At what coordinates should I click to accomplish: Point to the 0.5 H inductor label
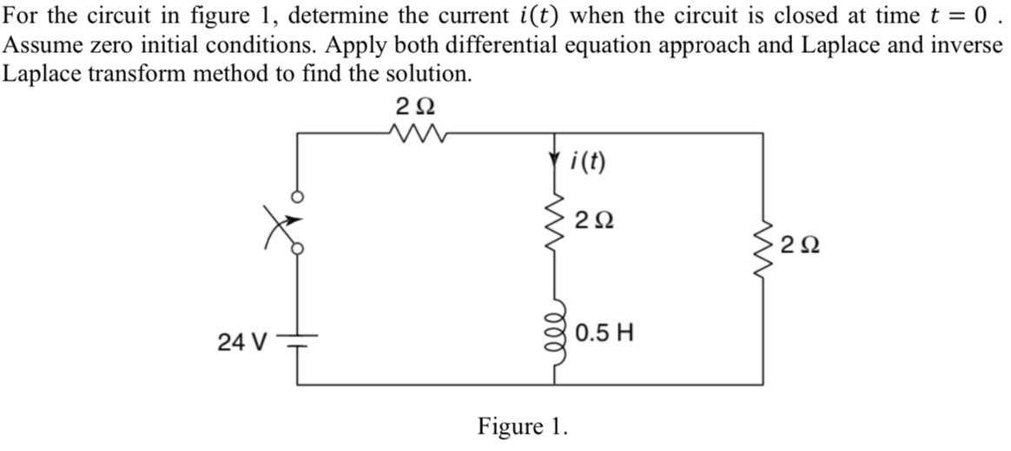605,331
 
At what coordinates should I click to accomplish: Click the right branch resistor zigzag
764,246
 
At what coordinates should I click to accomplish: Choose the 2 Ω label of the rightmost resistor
800,246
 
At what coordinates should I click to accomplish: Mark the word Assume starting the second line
38,45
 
